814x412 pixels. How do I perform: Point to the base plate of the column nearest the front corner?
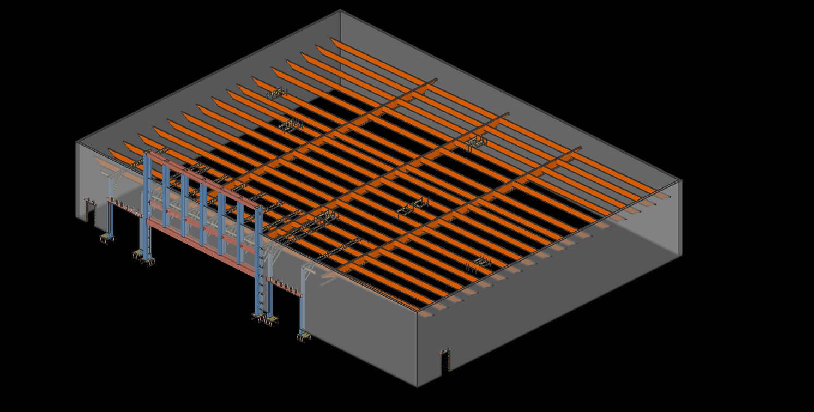(x=304, y=336)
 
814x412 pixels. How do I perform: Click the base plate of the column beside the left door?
(x=107, y=238)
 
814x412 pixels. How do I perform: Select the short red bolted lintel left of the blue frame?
(x=125, y=207)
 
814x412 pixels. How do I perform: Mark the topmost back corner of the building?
(x=340, y=10)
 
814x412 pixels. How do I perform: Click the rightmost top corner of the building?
(x=682, y=180)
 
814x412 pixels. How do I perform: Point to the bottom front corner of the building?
(x=418, y=386)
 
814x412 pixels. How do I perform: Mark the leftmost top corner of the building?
(x=76, y=142)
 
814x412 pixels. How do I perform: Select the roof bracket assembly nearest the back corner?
(x=278, y=94)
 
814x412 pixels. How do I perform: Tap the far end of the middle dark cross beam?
(x=508, y=114)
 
